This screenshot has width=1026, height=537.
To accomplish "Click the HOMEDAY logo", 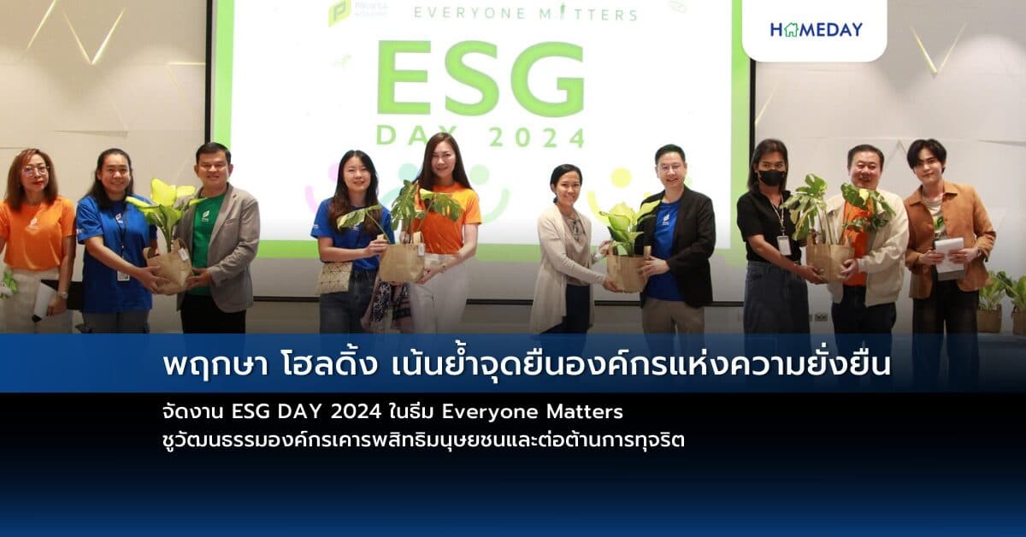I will (816, 29).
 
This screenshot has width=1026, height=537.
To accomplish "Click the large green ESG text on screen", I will (480, 78).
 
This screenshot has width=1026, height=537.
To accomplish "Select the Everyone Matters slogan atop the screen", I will (525, 14).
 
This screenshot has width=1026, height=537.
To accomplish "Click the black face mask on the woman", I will (772, 178).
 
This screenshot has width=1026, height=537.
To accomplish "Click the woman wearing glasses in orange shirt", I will (35, 239).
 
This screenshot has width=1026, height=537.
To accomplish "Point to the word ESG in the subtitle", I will (249, 412).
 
